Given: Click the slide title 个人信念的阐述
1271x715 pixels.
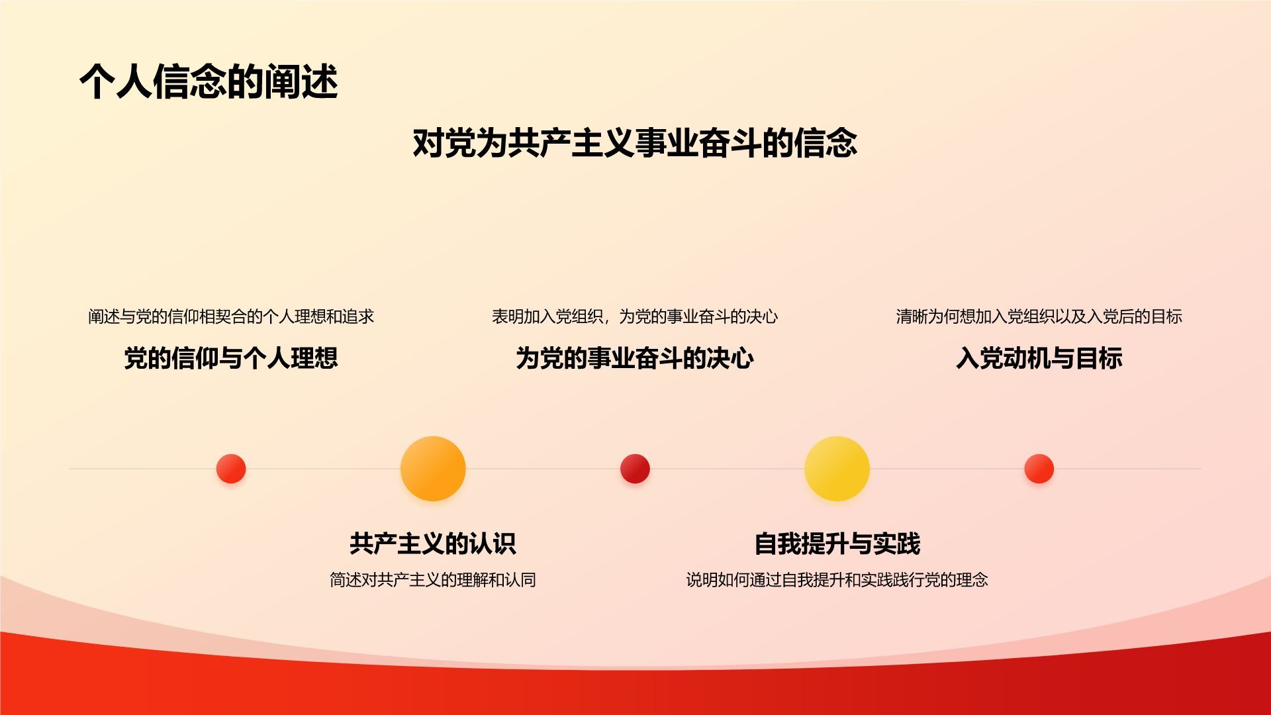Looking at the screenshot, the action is point(209,82).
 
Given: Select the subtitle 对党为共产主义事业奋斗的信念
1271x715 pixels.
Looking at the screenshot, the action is point(635,143).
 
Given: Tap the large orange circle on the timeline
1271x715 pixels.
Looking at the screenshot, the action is point(433,469).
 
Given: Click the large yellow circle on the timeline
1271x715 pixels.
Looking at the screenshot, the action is point(837,469).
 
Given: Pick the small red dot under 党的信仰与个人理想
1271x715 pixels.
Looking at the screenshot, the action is point(231,469).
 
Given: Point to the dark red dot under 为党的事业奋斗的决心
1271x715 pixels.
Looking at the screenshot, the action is point(635,469).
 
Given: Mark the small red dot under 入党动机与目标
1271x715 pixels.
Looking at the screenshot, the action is point(1039,469).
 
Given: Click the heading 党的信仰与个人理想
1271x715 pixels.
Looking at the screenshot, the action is point(231,358).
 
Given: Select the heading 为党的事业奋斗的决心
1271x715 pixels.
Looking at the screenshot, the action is point(635,358).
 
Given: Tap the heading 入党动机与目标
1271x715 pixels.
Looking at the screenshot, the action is point(1039,358).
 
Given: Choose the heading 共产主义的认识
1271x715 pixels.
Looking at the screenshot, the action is point(433,544).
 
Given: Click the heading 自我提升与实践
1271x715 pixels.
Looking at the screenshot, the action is point(837,544).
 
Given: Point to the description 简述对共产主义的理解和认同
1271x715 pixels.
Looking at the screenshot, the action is point(433,580).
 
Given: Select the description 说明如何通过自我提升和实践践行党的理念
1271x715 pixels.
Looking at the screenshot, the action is point(837,580).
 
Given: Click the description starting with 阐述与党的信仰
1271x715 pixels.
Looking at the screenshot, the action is point(231,316).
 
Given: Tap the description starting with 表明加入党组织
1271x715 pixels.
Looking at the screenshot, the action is point(635,316).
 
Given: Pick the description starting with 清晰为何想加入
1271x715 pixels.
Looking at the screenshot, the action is point(1039,316).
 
